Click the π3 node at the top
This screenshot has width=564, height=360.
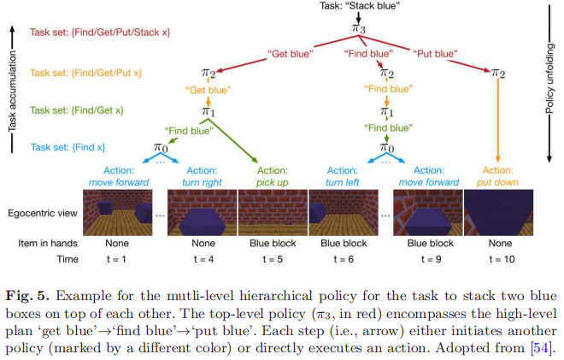(360, 30)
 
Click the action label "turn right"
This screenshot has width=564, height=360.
(202, 181)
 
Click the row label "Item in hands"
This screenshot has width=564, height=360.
(47, 243)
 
